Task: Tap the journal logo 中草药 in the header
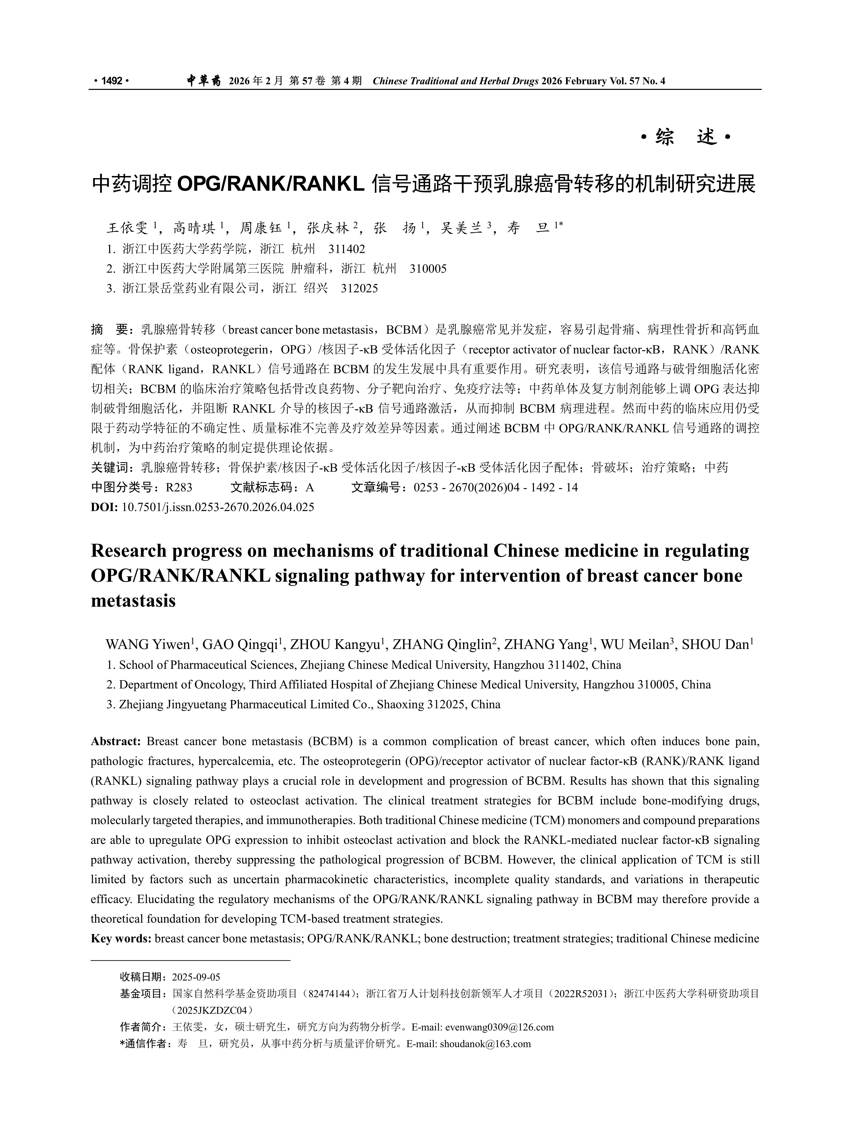[x=203, y=81]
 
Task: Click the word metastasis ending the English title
[x=133, y=600]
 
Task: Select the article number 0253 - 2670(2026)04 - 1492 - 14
[x=495, y=487]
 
